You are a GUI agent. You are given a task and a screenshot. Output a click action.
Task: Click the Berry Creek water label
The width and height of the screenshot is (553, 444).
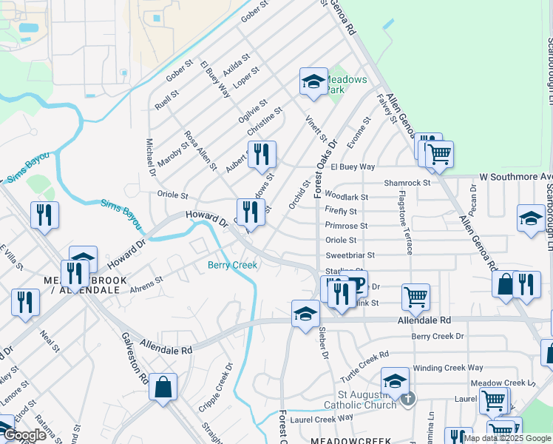[232, 265]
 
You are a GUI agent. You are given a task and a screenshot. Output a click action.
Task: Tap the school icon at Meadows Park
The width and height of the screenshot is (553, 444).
[313, 82]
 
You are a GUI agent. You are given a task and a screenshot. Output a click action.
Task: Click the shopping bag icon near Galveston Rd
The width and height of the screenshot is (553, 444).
[163, 387]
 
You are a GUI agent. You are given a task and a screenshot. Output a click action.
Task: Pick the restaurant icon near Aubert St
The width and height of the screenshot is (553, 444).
[262, 155]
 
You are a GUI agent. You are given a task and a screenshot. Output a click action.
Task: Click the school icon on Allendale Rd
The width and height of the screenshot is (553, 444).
[305, 314]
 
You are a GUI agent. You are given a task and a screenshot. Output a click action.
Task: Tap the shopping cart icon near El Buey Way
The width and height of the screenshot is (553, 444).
[438, 155]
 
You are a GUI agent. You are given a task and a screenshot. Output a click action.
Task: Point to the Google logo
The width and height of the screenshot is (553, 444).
[24, 435]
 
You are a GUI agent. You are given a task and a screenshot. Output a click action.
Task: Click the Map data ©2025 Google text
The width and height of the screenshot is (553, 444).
[507, 438]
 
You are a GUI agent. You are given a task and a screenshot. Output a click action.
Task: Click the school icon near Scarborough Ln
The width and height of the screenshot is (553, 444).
[530, 218]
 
